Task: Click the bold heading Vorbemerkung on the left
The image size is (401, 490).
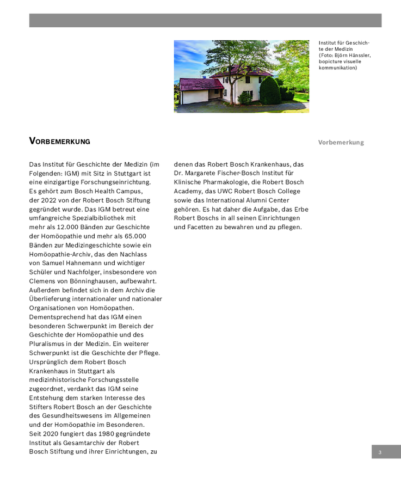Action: pos(59,142)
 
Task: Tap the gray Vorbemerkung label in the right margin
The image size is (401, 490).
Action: pos(341,143)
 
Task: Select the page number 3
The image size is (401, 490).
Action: pos(380,452)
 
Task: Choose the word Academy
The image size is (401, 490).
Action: pos(188,191)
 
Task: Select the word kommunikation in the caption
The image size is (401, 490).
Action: pos(338,68)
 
